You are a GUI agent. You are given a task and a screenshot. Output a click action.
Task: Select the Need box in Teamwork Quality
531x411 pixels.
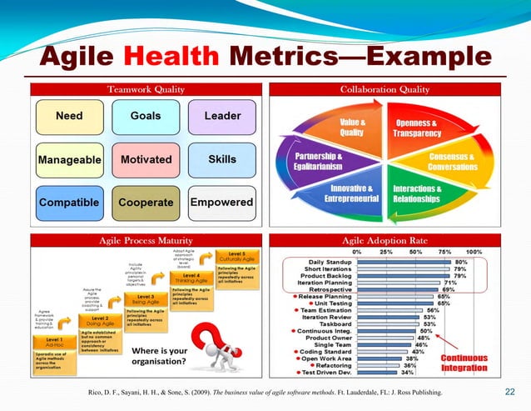[68, 116]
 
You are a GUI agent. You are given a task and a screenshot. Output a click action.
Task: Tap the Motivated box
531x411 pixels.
[146, 158]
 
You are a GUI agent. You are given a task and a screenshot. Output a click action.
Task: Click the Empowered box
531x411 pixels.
[221, 203]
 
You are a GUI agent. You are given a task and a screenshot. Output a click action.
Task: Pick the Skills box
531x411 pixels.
[222, 158]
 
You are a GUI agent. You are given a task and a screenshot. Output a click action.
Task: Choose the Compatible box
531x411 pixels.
[68, 203]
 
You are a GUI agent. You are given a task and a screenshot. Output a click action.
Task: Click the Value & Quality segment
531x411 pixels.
[352, 127]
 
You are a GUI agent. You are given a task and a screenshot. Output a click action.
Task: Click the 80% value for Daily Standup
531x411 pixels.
[460, 262]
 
